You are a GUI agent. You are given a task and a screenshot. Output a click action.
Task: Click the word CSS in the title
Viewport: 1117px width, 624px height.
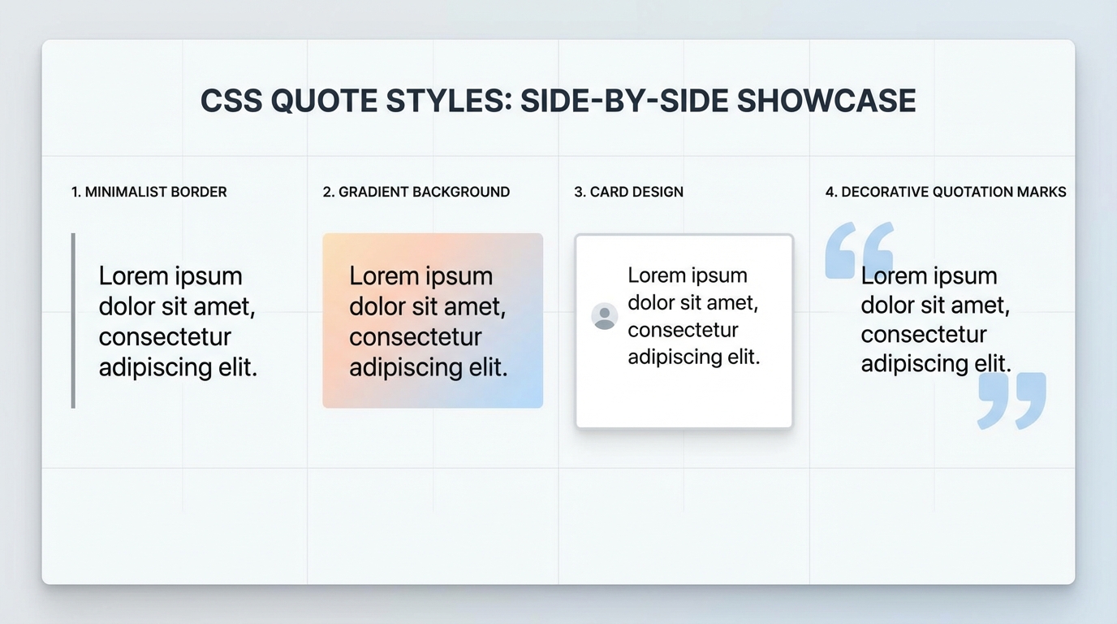pyautogui.click(x=231, y=101)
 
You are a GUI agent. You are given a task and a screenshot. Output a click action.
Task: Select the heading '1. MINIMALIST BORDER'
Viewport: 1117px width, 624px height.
pyautogui.click(x=149, y=193)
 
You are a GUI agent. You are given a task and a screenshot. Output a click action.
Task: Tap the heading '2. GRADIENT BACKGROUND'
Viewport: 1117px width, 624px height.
pyautogui.click(x=416, y=193)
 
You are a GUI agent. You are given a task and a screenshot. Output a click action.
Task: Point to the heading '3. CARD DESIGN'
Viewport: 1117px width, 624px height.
pyautogui.click(x=628, y=193)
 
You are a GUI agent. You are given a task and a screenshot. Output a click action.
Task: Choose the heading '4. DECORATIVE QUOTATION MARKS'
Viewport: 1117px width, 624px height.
pyautogui.click(x=946, y=193)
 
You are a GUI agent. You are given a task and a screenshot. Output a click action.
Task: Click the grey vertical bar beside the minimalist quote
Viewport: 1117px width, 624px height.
pyautogui.click(x=74, y=320)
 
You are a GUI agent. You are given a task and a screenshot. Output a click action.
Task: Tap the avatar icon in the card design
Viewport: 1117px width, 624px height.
pyautogui.click(x=605, y=316)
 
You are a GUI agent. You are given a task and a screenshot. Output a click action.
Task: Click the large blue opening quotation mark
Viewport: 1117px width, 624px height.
pyautogui.click(x=858, y=249)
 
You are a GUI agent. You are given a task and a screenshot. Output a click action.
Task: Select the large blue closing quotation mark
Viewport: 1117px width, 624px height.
pyautogui.click(x=1011, y=400)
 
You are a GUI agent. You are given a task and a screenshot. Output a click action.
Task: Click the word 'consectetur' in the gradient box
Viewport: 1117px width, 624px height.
pyautogui.click(x=416, y=337)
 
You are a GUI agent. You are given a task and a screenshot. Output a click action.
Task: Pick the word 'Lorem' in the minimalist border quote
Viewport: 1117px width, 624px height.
pyautogui.click(x=132, y=276)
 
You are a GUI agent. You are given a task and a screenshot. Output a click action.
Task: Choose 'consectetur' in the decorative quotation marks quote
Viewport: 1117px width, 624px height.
pyautogui.click(x=924, y=334)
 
